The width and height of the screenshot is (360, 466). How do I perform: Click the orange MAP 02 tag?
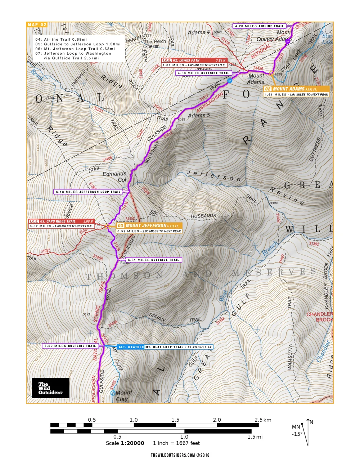click(37, 24)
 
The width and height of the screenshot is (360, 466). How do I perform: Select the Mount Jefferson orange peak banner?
click(149, 225)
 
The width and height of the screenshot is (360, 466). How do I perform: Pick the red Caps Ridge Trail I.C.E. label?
click(61, 221)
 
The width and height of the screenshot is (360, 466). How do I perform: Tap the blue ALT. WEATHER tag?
click(131, 347)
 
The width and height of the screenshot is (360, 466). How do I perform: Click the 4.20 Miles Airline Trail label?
click(259, 26)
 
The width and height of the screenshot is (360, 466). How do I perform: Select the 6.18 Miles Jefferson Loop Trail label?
click(88, 192)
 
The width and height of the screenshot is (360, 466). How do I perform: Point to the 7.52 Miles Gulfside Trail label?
click(70, 346)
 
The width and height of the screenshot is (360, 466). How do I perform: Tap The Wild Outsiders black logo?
click(50, 388)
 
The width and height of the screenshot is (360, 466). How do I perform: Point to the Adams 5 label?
click(198, 115)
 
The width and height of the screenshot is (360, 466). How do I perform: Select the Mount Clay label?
click(124, 395)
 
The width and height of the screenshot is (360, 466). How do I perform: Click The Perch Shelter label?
click(155, 44)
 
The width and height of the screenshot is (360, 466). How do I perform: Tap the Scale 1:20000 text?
click(125, 443)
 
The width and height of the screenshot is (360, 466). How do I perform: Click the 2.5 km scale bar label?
click(263, 420)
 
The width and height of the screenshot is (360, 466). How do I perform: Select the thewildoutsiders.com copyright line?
click(180, 455)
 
